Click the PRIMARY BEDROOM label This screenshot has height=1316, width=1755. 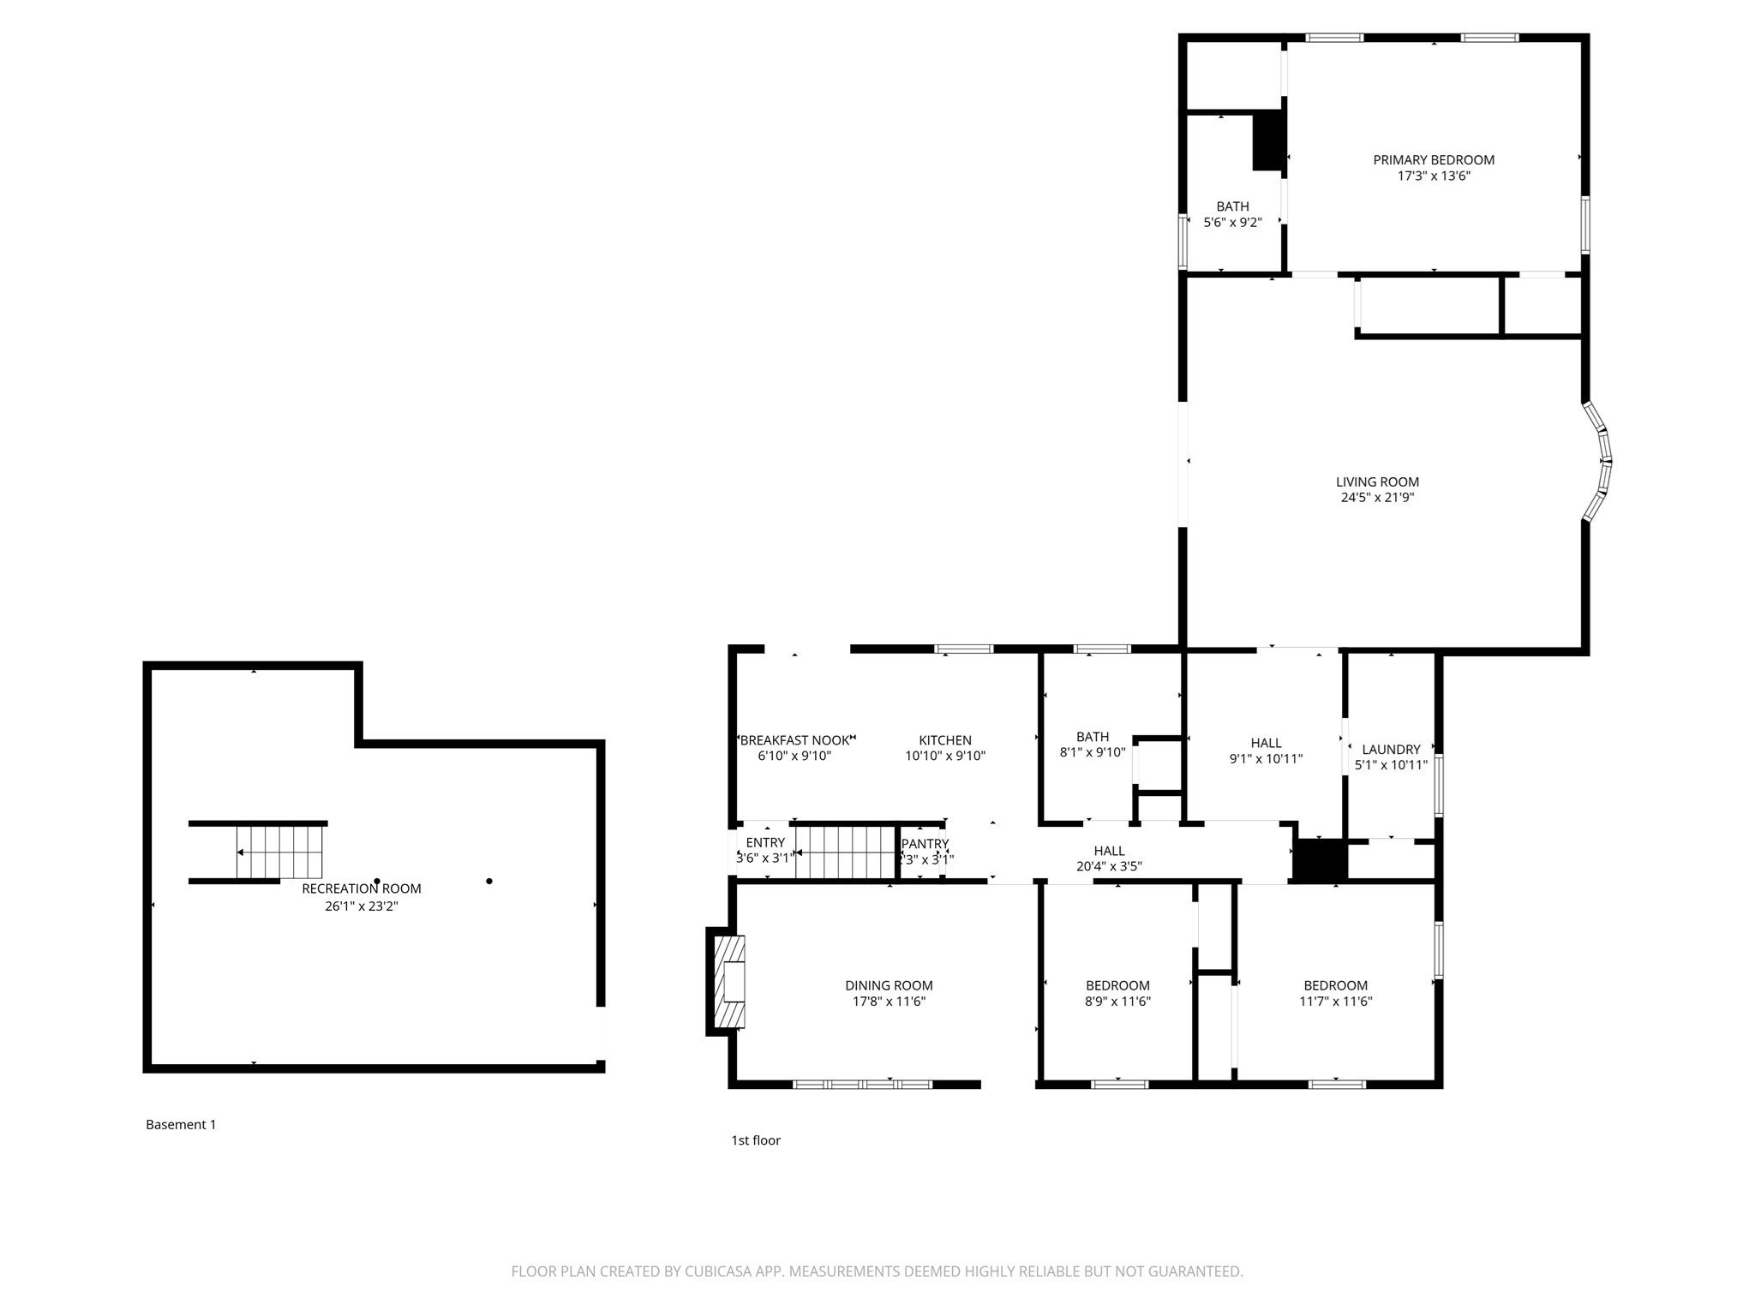pos(1433,160)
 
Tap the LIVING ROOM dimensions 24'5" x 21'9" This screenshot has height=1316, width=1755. pos(1377,498)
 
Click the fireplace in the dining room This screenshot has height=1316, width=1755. pos(728,982)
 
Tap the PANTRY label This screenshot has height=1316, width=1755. pos(925,844)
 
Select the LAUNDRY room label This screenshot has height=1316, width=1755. pos(1390,750)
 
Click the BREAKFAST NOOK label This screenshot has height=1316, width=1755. pos(794,740)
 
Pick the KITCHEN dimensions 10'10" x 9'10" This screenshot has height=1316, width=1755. pos(944,757)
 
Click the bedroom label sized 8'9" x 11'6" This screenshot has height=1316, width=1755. pos(1117,985)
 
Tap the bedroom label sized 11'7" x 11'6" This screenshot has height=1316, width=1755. pos(1335,985)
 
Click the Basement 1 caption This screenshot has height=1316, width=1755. pos(181,1125)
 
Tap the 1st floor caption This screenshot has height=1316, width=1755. pos(755,1140)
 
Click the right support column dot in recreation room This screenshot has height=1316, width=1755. pos(489,881)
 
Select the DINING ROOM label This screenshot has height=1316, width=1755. pos(889,985)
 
